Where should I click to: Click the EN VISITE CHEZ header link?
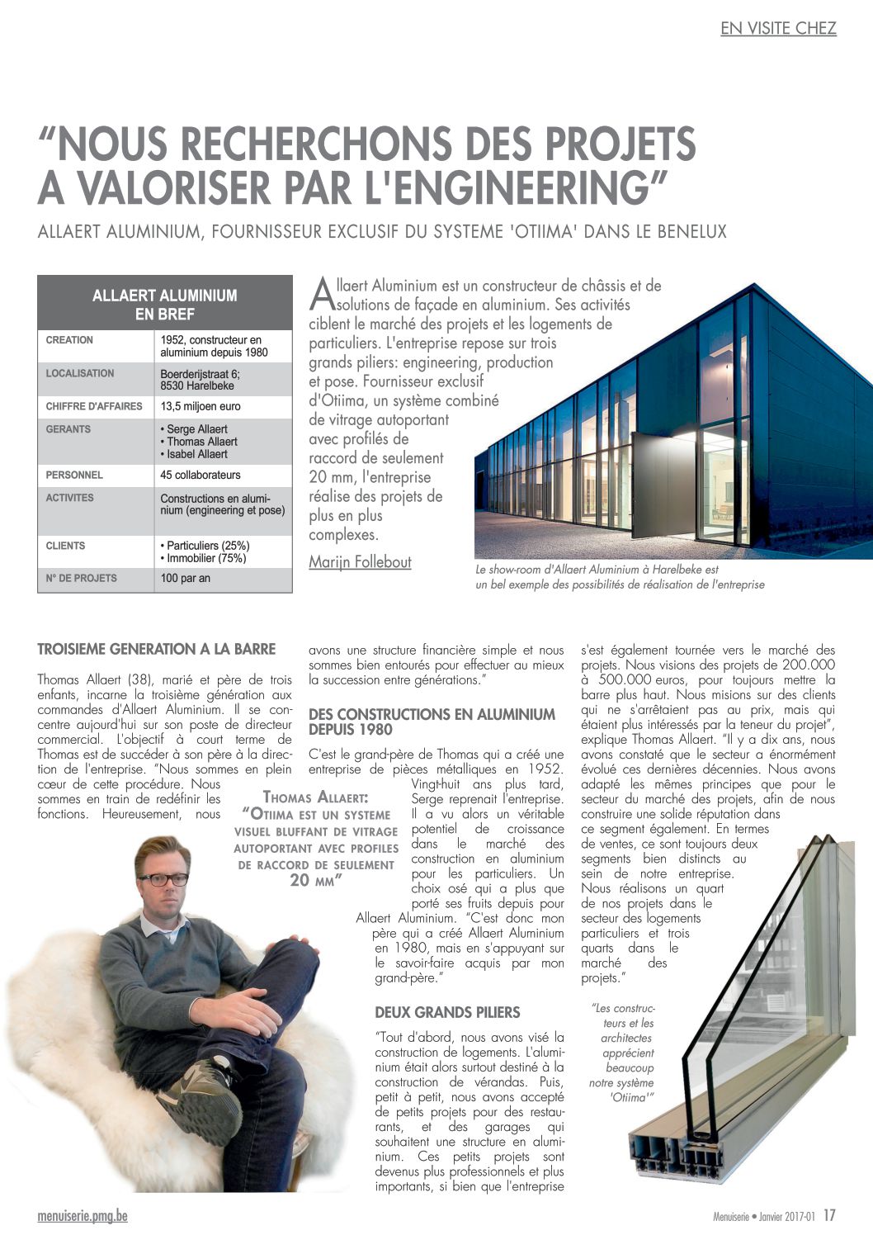click(778, 28)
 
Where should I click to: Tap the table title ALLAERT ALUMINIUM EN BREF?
click(165, 304)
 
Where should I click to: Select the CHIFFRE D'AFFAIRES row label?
click(94, 406)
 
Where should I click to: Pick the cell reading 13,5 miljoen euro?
click(201, 406)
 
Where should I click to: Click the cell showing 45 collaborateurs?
click(201, 475)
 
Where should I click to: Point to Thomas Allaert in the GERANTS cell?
click(201, 442)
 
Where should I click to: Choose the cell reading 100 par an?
click(186, 578)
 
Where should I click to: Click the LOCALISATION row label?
click(80, 373)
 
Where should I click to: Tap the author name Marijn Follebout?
click(360, 562)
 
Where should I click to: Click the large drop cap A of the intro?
click(322, 293)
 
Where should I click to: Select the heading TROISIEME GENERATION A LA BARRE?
click(157, 650)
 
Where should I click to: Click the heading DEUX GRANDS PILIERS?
click(447, 1012)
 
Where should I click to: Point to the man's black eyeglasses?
click(164, 879)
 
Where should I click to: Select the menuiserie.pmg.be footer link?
click(83, 1216)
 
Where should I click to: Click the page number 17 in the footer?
click(829, 1215)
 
